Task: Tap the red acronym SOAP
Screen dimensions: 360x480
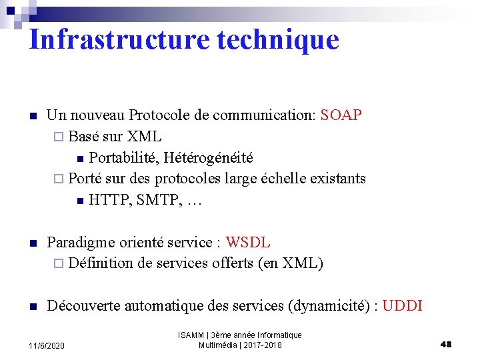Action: point(341,115)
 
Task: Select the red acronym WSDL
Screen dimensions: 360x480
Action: point(248,242)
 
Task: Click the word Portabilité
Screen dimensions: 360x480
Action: point(123,158)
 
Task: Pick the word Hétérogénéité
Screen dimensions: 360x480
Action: point(208,158)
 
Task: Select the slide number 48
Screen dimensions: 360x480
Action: point(446,344)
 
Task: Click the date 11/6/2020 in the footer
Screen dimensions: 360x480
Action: point(47,346)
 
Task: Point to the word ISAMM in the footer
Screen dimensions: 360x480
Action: point(191,335)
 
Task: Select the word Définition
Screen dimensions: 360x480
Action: point(101,263)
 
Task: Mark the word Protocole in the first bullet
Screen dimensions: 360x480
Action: point(160,115)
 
